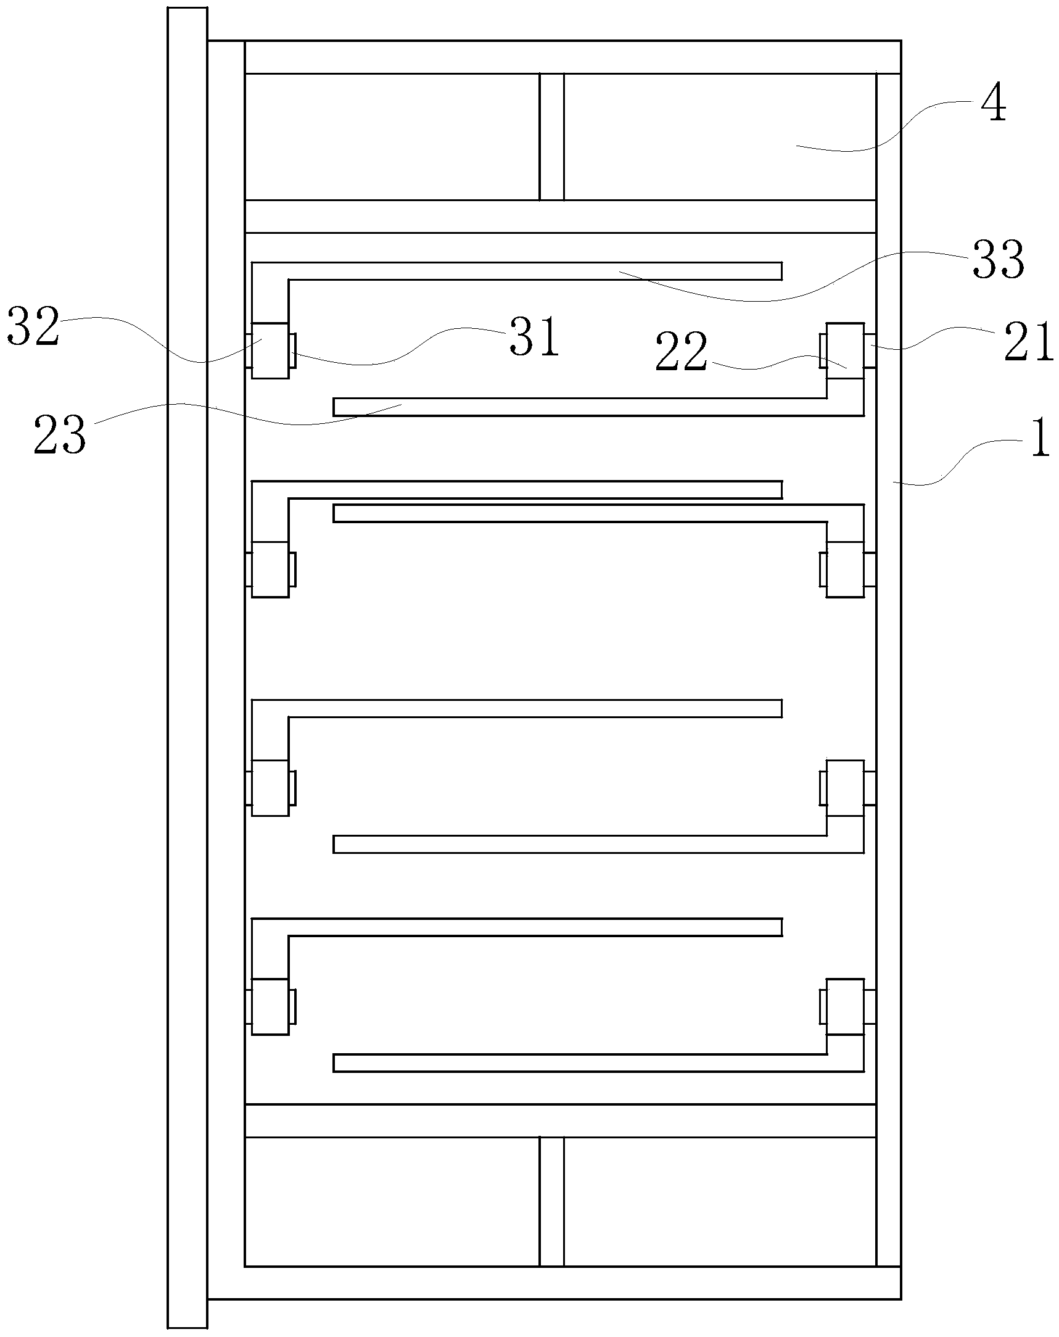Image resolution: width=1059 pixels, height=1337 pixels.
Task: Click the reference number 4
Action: [x=993, y=104]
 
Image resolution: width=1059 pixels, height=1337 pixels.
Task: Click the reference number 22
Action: [x=682, y=352]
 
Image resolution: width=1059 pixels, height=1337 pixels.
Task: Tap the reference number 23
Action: [x=60, y=436]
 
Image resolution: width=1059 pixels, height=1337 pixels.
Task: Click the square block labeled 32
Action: [x=270, y=350]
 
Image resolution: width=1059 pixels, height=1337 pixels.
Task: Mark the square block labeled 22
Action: [x=845, y=350]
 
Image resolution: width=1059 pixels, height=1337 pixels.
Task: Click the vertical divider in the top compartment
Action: [x=551, y=137]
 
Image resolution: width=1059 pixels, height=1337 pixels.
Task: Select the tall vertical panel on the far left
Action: [x=187, y=669]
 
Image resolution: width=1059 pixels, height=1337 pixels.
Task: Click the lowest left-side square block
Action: [x=270, y=1006]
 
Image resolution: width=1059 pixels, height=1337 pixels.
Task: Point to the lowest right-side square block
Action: [x=845, y=1006]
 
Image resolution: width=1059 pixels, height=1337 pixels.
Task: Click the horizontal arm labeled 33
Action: [x=534, y=271]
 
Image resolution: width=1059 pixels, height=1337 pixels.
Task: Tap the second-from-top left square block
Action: [x=270, y=569]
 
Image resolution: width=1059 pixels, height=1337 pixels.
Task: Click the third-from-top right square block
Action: [x=845, y=787]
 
